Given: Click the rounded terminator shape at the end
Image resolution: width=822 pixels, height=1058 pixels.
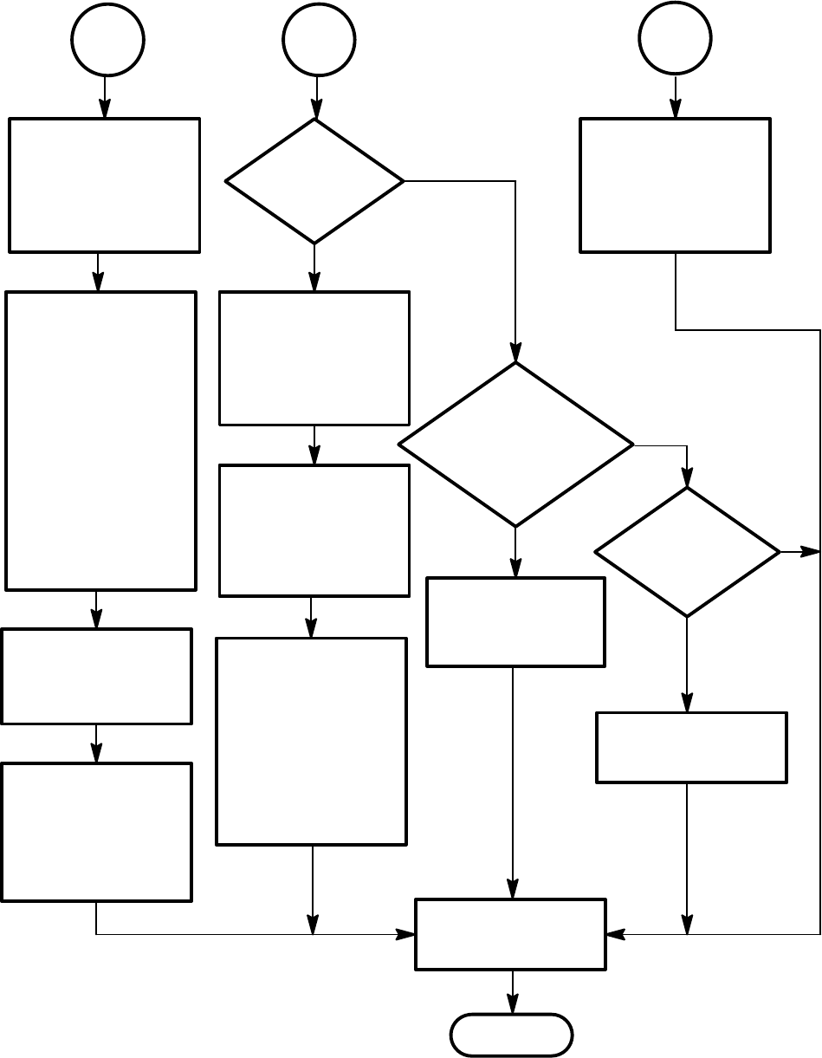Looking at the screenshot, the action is (512, 1035).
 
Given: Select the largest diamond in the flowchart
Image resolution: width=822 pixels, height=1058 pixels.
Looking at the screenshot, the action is (515, 444).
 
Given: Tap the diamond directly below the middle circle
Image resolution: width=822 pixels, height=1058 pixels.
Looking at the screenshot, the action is (314, 181).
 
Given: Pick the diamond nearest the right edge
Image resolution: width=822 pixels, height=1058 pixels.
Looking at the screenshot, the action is (687, 552).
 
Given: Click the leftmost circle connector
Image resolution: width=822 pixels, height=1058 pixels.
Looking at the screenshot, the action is (107, 40).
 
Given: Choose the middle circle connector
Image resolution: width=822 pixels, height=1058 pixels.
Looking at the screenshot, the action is (318, 40).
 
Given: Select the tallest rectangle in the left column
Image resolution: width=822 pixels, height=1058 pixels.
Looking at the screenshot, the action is (100, 440).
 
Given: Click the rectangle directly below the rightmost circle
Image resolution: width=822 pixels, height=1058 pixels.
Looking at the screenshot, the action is (675, 185).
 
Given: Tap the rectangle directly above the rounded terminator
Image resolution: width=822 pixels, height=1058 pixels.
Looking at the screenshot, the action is (510, 934).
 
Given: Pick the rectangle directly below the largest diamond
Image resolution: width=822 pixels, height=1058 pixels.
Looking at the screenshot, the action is (515, 621).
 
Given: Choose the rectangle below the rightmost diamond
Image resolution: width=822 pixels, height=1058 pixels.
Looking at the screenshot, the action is (691, 747).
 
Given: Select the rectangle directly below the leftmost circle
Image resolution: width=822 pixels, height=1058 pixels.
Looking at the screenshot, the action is (105, 185).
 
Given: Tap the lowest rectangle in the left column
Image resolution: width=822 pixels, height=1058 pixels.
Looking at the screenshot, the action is (96, 832).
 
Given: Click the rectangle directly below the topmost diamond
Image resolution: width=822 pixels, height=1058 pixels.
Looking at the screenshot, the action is (314, 358).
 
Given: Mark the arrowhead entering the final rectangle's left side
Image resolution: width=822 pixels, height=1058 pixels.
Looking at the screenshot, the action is (406, 934).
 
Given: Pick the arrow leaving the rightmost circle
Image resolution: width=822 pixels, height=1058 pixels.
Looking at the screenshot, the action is (676, 96).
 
